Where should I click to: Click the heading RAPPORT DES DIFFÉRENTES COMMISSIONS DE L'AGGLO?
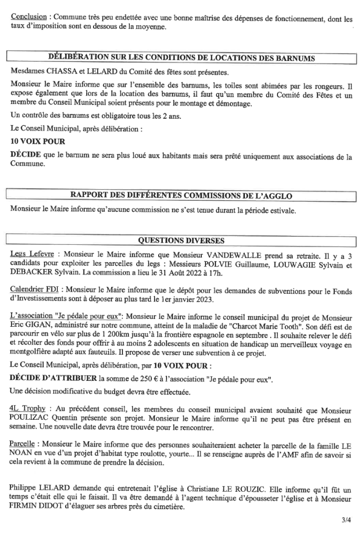click(x=181, y=196)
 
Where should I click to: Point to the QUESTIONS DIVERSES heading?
click(x=181, y=241)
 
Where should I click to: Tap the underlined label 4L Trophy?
click(x=30, y=408)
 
